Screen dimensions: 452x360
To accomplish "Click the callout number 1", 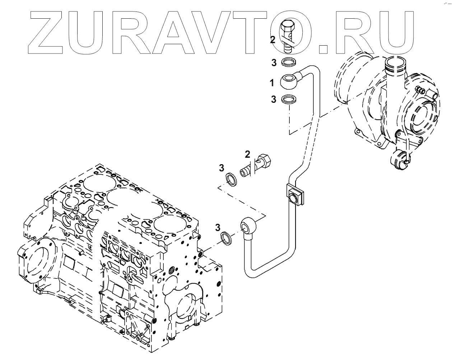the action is (272, 83).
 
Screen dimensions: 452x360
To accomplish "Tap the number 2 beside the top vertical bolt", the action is (273, 40).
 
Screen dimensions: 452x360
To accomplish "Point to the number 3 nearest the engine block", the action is (217, 227).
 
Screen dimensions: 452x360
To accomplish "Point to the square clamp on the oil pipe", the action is (294, 195).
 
